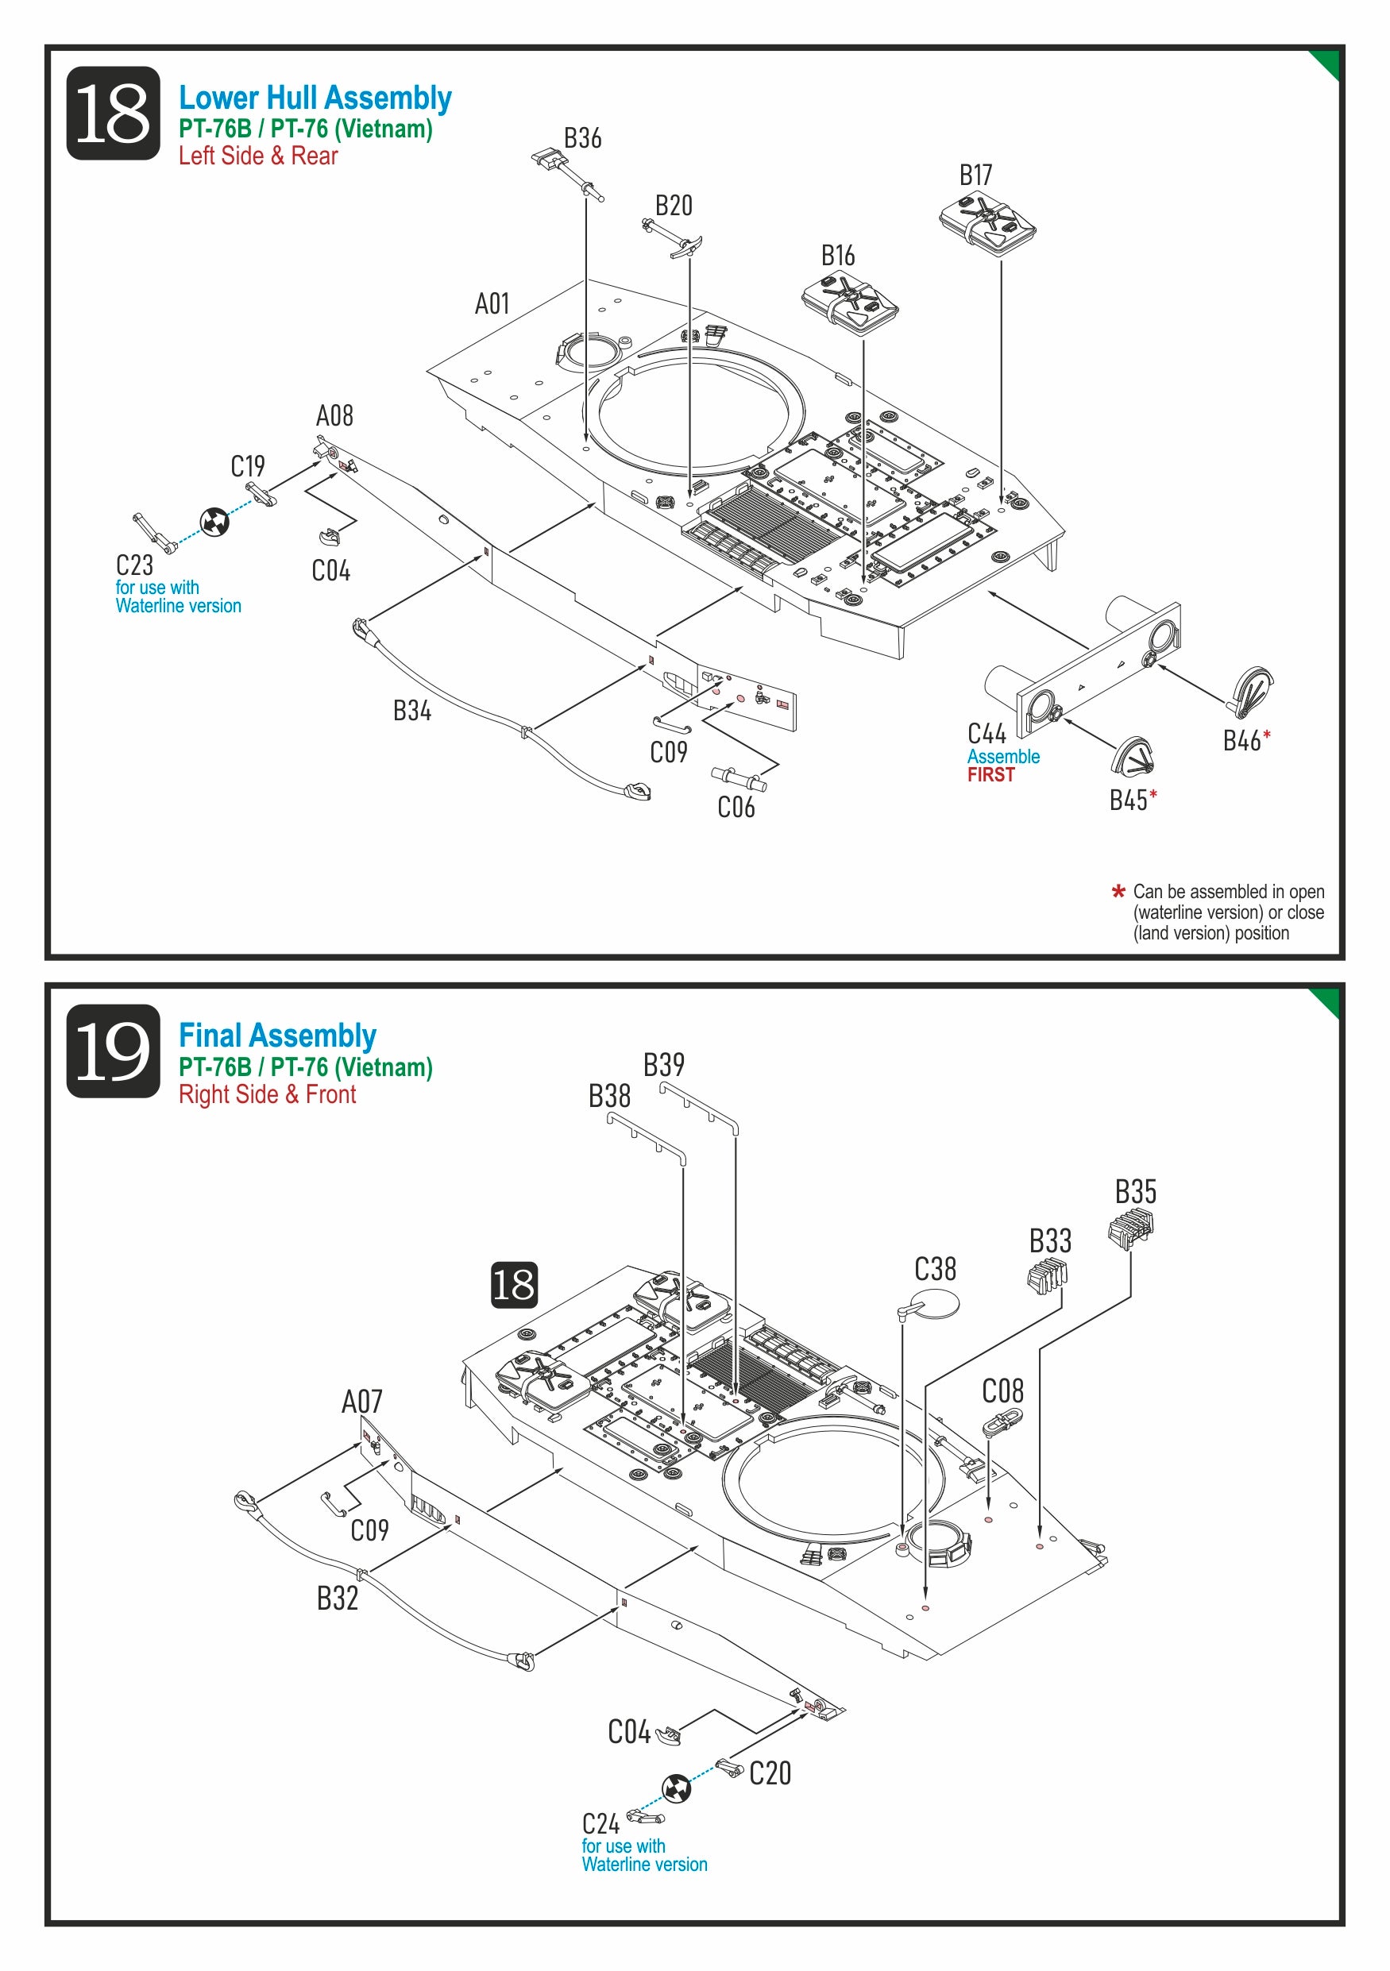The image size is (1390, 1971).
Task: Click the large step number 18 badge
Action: point(113,114)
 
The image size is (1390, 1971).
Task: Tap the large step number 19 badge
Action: point(113,1051)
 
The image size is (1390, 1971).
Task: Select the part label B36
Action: point(582,138)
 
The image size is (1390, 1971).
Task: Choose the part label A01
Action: point(492,303)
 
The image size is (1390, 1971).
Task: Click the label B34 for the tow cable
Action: point(412,710)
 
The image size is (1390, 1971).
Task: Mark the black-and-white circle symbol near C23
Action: point(214,521)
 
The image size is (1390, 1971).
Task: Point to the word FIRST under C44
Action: point(990,774)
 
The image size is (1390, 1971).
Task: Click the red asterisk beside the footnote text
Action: point(1118,892)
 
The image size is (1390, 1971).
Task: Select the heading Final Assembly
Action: point(277,1036)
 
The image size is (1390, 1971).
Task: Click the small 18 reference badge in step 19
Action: point(514,1285)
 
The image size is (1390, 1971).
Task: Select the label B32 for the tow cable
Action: point(338,1598)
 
